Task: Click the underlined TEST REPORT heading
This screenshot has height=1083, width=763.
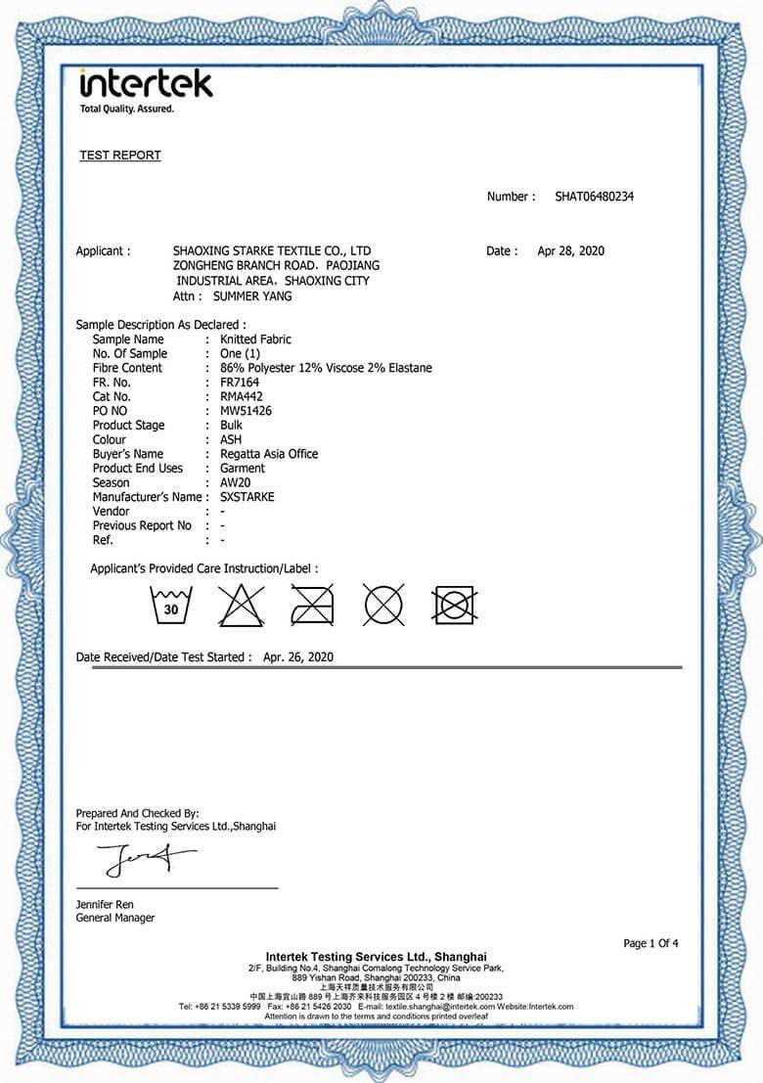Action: [120, 156]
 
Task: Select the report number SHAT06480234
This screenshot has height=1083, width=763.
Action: [594, 197]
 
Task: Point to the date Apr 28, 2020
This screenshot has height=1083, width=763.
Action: [571, 251]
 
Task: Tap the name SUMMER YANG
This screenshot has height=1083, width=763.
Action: [252, 295]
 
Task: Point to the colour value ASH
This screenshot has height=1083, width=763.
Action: [231, 440]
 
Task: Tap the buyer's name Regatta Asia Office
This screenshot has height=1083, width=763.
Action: [269, 454]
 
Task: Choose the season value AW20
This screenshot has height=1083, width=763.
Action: [236, 482]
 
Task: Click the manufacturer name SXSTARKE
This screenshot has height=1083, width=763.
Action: [247, 497]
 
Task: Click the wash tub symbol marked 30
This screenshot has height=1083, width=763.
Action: [171, 606]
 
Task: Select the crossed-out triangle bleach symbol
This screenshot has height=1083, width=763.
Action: [241, 606]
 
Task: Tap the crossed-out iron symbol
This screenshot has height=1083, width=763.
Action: [312, 606]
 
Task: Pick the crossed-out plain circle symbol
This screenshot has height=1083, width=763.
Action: [383, 606]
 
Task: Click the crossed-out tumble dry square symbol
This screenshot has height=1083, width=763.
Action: [454, 606]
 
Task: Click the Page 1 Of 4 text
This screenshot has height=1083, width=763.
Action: [651, 943]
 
